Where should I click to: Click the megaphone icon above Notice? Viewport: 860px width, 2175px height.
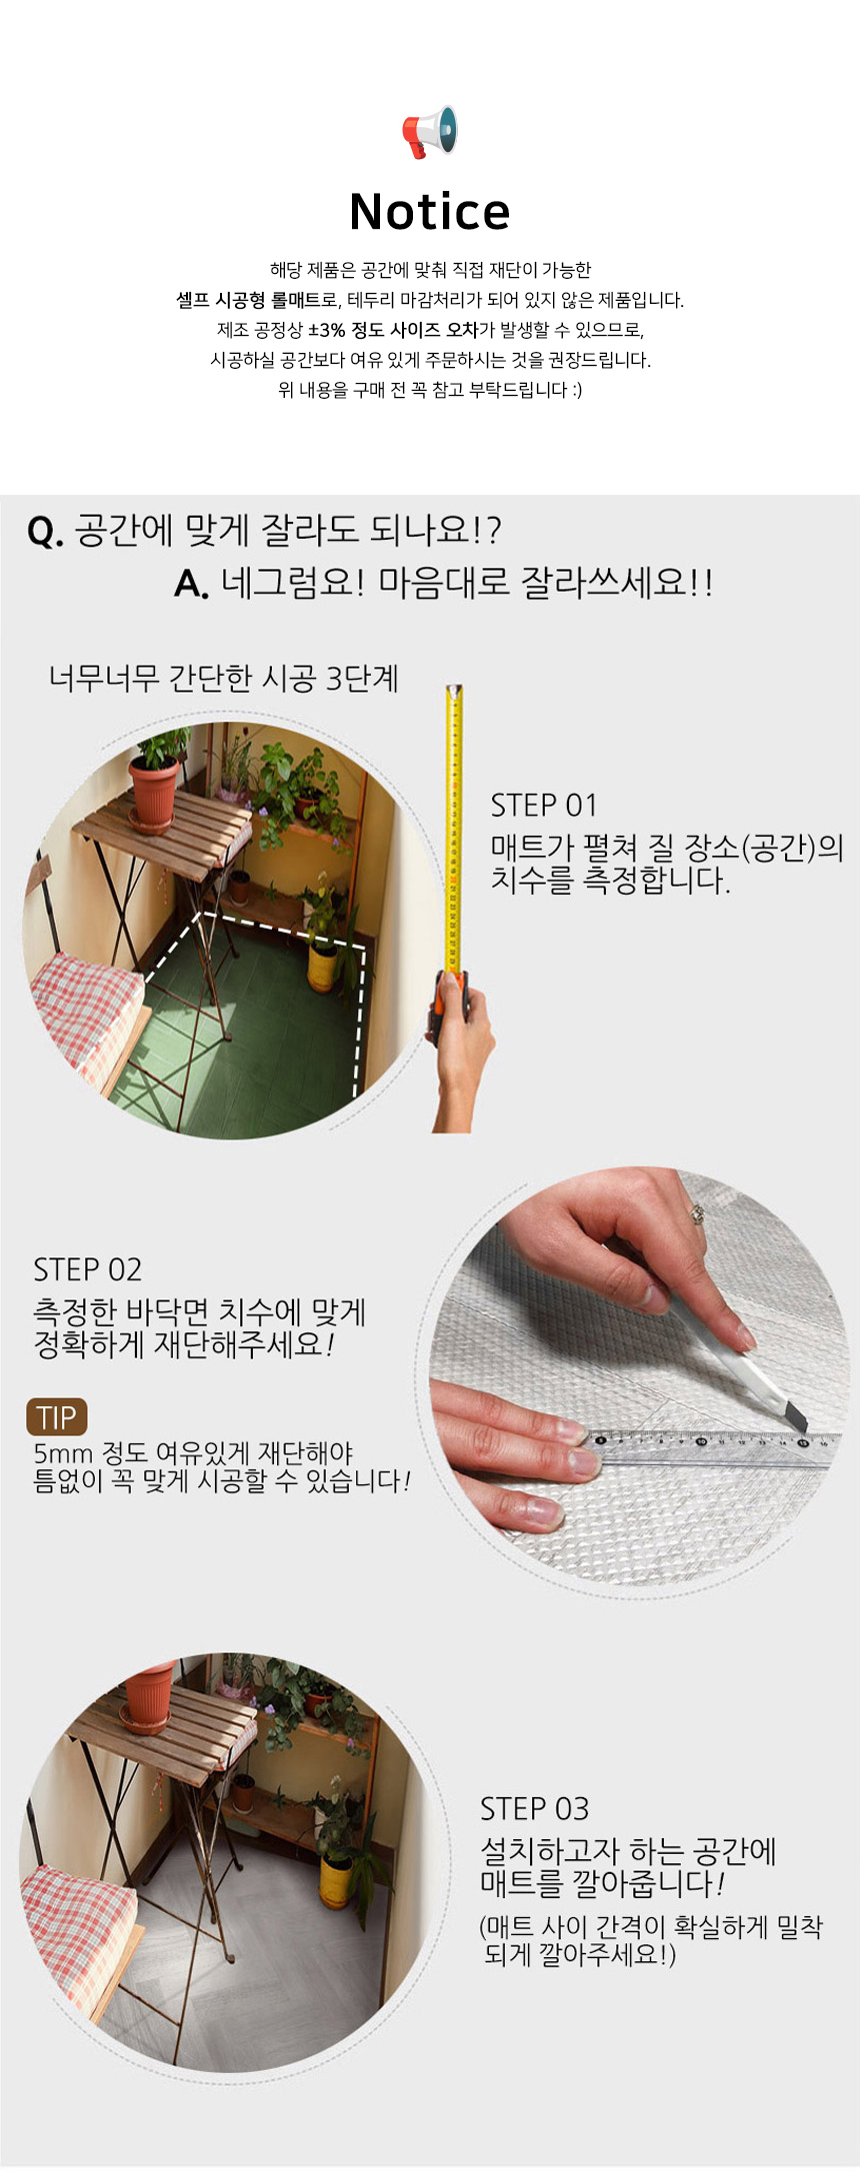click(x=430, y=132)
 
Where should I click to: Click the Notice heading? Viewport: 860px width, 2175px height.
click(x=430, y=212)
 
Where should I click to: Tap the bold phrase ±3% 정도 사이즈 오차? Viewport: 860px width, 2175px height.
click(x=393, y=330)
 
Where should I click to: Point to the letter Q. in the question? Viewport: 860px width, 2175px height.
click(x=45, y=532)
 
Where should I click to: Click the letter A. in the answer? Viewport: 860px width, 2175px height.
click(x=191, y=584)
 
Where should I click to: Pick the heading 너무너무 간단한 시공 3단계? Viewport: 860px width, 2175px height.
click(x=224, y=679)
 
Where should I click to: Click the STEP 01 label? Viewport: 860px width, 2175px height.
click(x=544, y=806)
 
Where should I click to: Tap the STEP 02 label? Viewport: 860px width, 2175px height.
click(x=88, y=1270)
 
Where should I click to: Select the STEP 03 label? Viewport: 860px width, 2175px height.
click(x=534, y=1809)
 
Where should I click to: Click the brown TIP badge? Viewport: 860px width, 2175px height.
click(x=57, y=1417)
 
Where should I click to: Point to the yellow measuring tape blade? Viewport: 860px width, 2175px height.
click(x=454, y=830)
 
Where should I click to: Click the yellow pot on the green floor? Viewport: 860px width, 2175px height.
click(x=322, y=967)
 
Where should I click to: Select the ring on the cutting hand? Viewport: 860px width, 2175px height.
click(x=697, y=1213)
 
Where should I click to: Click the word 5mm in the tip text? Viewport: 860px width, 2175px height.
click(x=63, y=1453)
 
